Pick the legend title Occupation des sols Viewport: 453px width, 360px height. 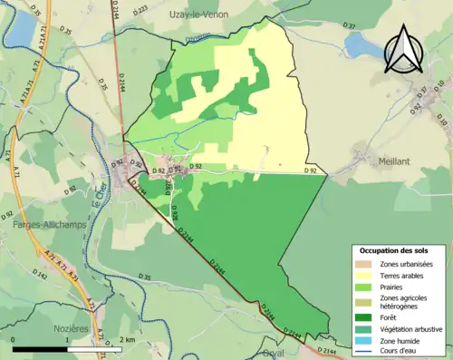pos(395,249)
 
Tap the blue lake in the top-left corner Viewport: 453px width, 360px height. pos(19,30)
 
